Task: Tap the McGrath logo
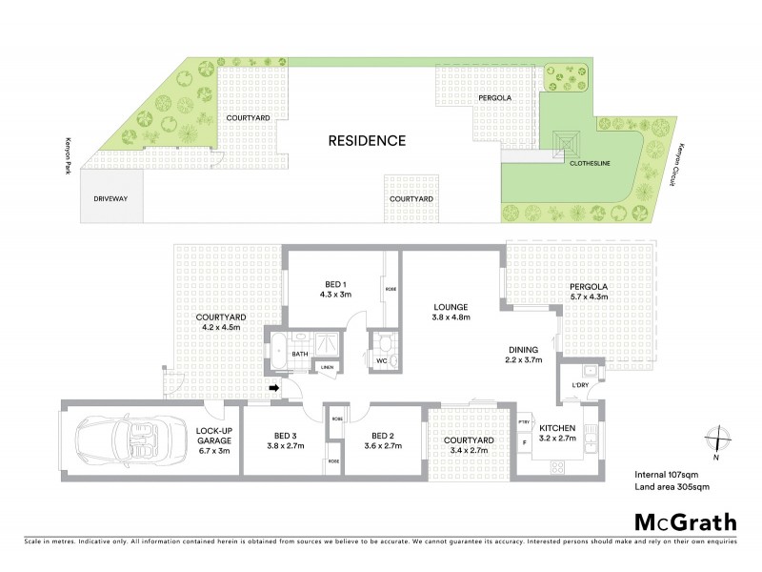coord(686,521)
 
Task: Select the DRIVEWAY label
coord(110,199)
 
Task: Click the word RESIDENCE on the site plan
coord(367,141)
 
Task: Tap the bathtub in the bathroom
coord(281,353)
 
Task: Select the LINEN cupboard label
coord(327,367)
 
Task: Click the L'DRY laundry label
coord(579,384)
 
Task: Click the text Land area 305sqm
coord(672,486)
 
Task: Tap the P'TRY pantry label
coord(524,421)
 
